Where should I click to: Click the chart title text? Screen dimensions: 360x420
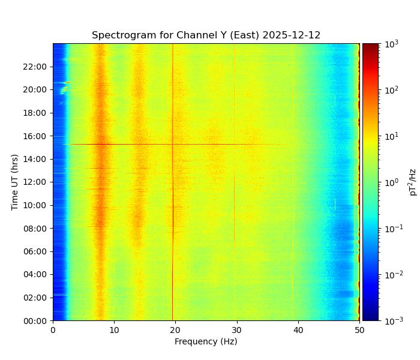click(206, 35)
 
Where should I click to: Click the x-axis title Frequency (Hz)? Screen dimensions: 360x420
click(206, 341)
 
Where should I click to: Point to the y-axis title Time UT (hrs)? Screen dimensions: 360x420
click(14, 182)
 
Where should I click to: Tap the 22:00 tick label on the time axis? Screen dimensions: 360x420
click(37, 67)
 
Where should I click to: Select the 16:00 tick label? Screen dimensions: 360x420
click(37, 136)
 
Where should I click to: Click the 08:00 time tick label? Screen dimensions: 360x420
click(37, 229)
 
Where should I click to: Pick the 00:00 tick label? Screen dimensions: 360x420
click(37, 321)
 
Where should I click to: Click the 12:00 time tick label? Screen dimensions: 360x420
click(37, 182)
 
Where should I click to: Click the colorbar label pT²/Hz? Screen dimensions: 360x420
click(413, 182)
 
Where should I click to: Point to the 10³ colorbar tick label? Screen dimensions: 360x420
click(391, 44)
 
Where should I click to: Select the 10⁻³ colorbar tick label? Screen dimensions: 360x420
click(392, 321)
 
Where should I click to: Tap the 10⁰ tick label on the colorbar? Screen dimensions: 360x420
click(391, 182)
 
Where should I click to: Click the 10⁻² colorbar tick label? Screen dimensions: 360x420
click(392, 275)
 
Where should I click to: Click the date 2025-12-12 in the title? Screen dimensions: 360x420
click(292, 35)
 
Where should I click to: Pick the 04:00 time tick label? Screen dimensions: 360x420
click(37, 275)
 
